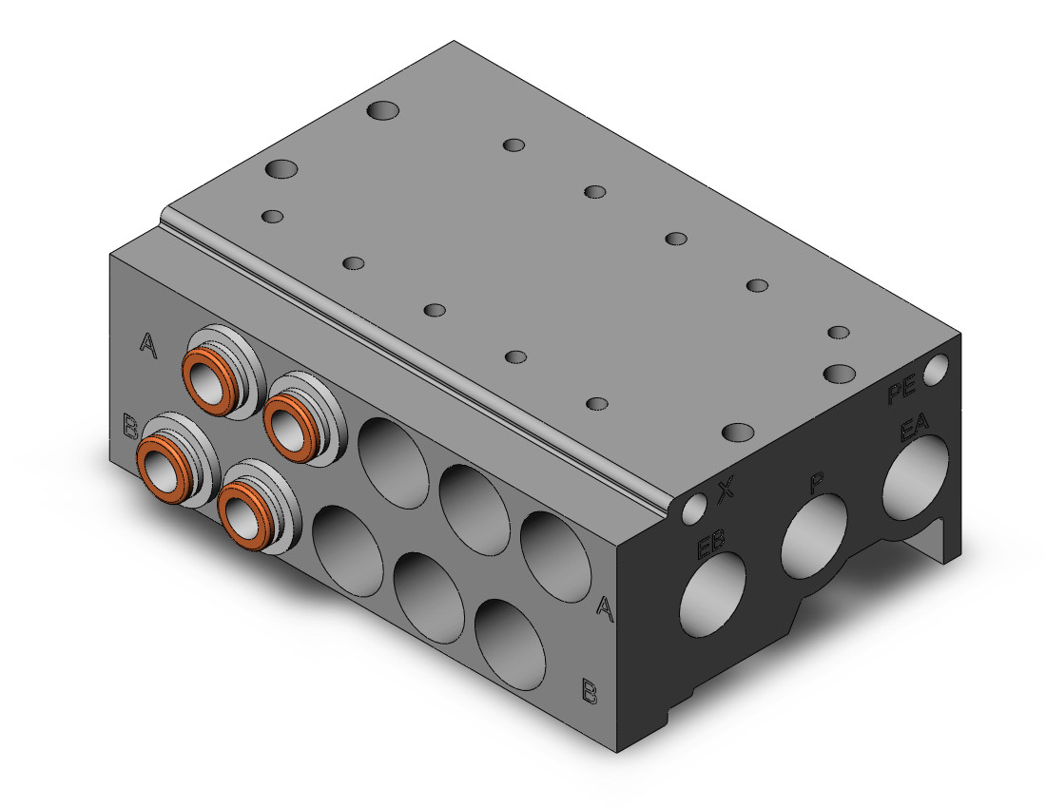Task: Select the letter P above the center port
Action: [x=816, y=483]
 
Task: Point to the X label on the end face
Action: [x=726, y=491]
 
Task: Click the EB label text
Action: [x=710, y=547]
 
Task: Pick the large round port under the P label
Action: [x=813, y=537]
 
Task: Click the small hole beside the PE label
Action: [x=935, y=369]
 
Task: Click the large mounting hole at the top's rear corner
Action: [x=383, y=111]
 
